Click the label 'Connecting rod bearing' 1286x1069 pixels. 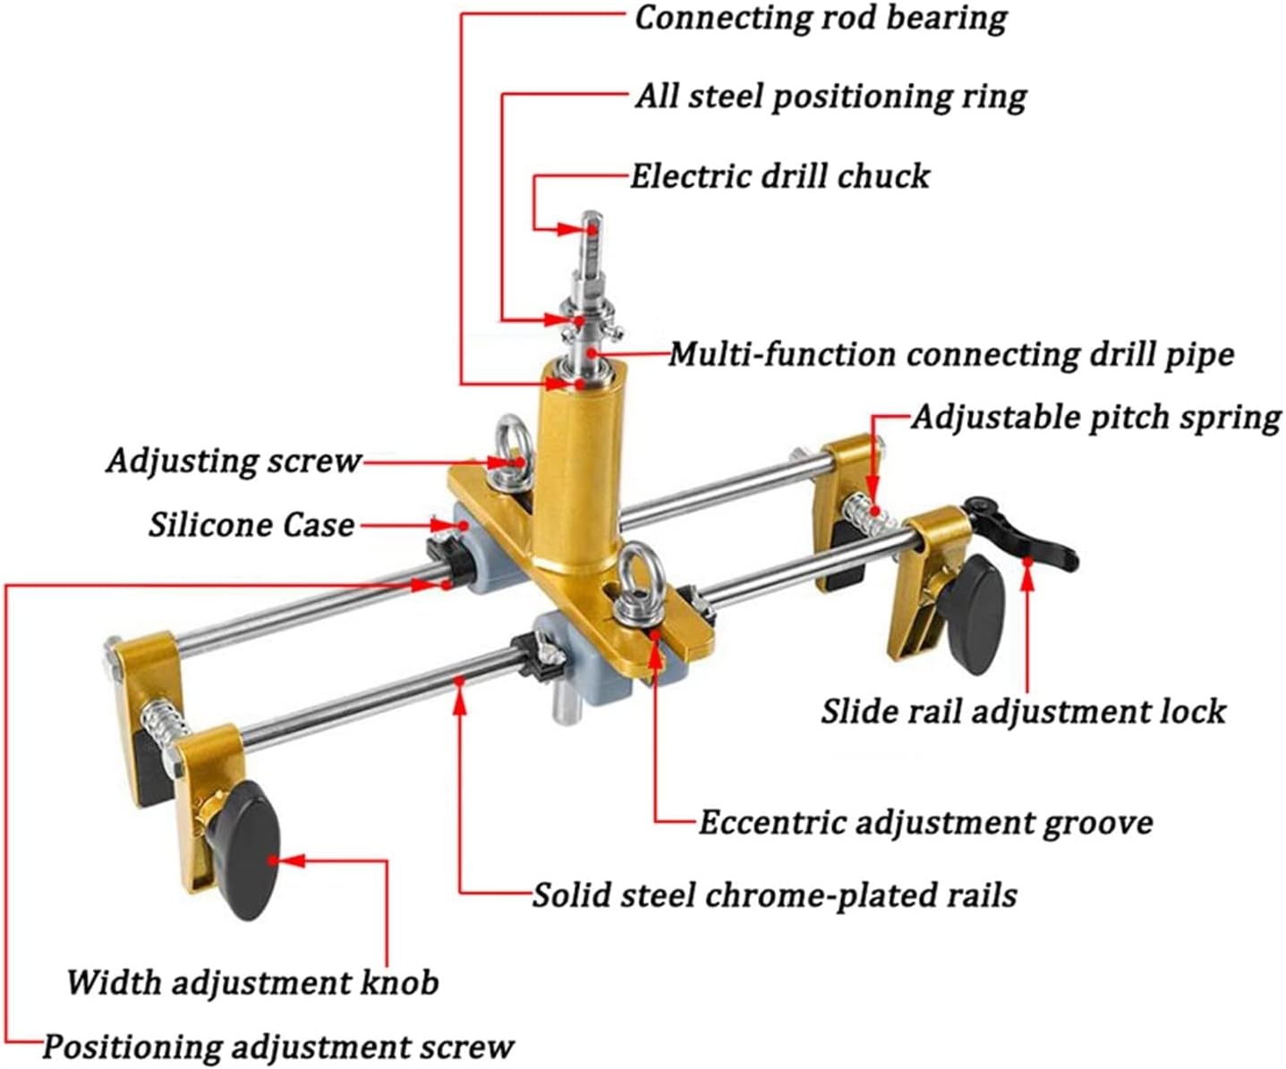[x=821, y=19]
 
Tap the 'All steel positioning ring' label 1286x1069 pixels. [x=830, y=97]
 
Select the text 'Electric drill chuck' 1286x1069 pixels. [x=779, y=176]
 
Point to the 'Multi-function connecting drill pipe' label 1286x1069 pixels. [x=951, y=355]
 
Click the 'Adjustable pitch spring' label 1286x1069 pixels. [x=1096, y=418]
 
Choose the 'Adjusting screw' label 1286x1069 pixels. [x=234, y=462]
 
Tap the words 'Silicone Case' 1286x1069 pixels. [x=251, y=525]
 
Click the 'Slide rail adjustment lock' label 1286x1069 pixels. [x=1023, y=712]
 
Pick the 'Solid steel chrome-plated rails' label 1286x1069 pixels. [x=775, y=895]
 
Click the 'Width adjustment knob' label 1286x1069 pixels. [x=252, y=983]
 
